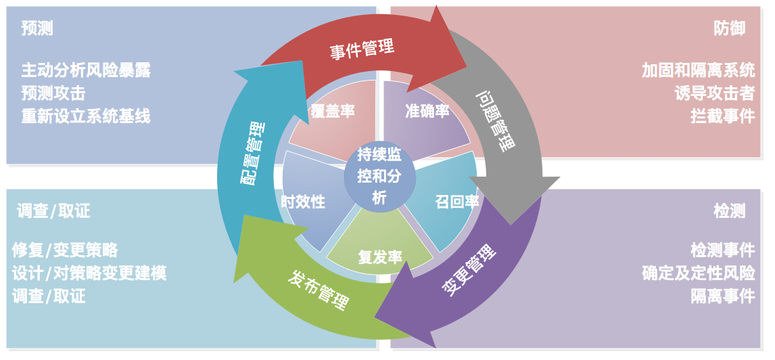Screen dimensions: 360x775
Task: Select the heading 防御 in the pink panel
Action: (730, 28)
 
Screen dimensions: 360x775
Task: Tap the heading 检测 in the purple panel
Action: (730, 210)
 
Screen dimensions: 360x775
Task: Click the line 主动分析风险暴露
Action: (86, 70)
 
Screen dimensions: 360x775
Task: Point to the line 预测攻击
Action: (53, 93)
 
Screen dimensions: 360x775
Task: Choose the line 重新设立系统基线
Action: (86, 116)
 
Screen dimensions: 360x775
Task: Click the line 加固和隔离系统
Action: (698, 70)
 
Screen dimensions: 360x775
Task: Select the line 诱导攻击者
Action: (714, 93)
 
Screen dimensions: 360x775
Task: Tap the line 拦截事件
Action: (722, 116)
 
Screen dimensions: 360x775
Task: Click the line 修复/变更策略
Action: (65, 250)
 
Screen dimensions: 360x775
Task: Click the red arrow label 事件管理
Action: (362, 49)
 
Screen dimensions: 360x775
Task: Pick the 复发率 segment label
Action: (380, 257)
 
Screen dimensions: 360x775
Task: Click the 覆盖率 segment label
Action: (332, 110)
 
